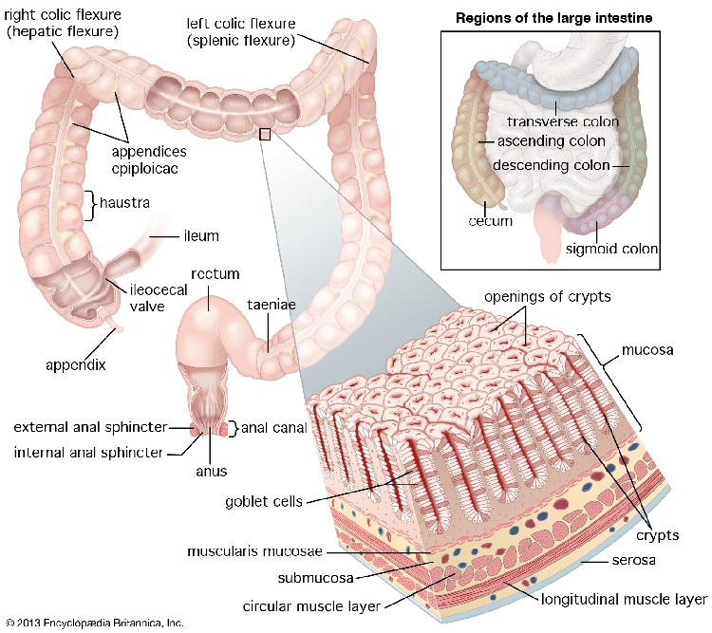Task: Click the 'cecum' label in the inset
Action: tap(490, 221)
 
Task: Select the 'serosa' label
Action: tap(607, 562)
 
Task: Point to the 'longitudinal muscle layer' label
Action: tap(624, 599)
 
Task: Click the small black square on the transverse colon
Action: tap(265, 135)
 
